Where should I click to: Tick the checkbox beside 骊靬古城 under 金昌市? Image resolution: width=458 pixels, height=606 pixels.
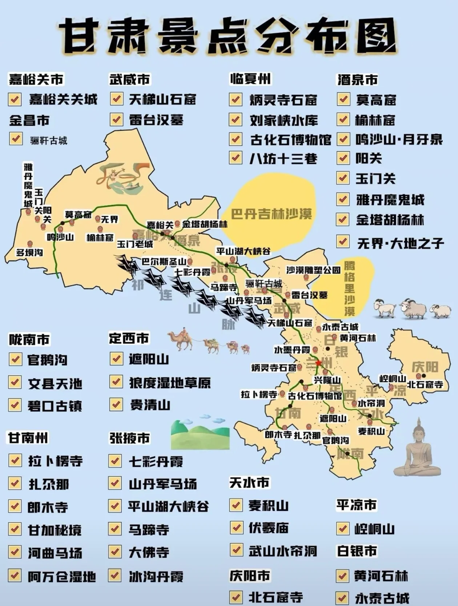click(x=15, y=139)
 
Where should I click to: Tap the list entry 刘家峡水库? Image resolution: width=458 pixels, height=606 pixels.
click(x=284, y=120)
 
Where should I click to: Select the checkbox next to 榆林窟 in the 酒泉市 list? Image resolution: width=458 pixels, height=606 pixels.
click(x=343, y=119)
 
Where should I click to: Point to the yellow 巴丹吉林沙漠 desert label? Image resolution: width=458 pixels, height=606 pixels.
click(x=272, y=214)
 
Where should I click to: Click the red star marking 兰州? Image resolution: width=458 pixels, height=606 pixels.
click(x=319, y=363)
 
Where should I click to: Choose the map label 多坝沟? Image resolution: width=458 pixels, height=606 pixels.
click(x=29, y=252)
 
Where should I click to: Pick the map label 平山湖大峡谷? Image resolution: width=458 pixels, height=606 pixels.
click(x=243, y=251)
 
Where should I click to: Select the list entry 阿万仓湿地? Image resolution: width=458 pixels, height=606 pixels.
click(x=62, y=577)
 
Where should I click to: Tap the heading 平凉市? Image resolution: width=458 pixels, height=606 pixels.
click(x=356, y=505)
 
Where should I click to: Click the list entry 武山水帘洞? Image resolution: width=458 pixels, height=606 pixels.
click(x=282, y=551)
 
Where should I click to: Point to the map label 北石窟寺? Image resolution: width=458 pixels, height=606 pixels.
click(x=425, y=384)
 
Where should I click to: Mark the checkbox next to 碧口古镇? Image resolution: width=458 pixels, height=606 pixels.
click(x=15, y=404)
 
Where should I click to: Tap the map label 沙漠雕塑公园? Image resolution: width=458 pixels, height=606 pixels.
click(x=313, y=270)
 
